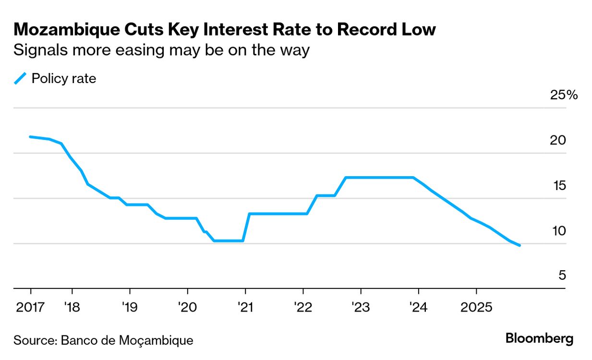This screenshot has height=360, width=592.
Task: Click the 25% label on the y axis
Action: pyautogui.click(x=564, y=95)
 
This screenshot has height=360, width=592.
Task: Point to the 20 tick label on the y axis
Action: pyautogui.click(x=558, y=141)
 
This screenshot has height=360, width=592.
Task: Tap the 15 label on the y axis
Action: pyautogui.click(x=558, y=186)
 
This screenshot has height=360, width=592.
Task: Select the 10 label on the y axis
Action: pyautogui.click(x=558, y=231)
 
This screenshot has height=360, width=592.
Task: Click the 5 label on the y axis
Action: pyautogui.click(x=562, y=276)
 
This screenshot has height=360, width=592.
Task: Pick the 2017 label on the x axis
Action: pyautogui.click(x=30, y=306)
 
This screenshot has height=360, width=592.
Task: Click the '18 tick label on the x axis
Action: pyautogui.click(x=72, y=306)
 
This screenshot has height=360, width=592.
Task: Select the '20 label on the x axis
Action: pyautogui.click(x=187, y=306)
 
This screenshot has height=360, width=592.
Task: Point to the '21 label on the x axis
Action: pyautogui.click(x=245, y=306)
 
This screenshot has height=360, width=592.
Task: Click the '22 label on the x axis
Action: pyautogui.click(x=302, y=306)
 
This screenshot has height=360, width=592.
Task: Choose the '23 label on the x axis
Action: pyautogui.click(x=360, y=306)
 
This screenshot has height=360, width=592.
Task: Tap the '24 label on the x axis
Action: pyautogui.click(x=418, y=306)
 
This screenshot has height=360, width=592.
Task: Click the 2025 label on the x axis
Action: pyautogui.click(x=476, y=306)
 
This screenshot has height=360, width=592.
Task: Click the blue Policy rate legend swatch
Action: pyautogui.click(x=20, y=78)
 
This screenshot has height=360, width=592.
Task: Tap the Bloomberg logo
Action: pyautogui.click(x=539, y=338)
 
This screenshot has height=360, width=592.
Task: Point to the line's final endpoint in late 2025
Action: pyautogui.click(x=519, y=245)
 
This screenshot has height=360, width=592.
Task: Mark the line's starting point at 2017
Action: pyautogui.click(x=30, y=137)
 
